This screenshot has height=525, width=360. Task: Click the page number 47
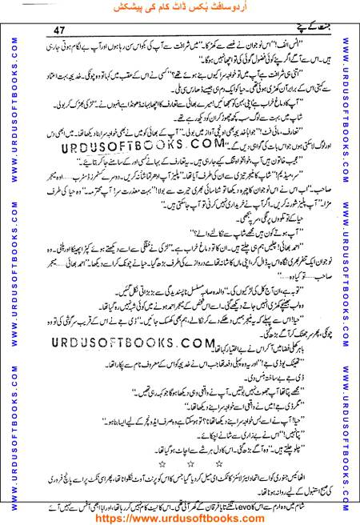[x=59, y=30]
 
